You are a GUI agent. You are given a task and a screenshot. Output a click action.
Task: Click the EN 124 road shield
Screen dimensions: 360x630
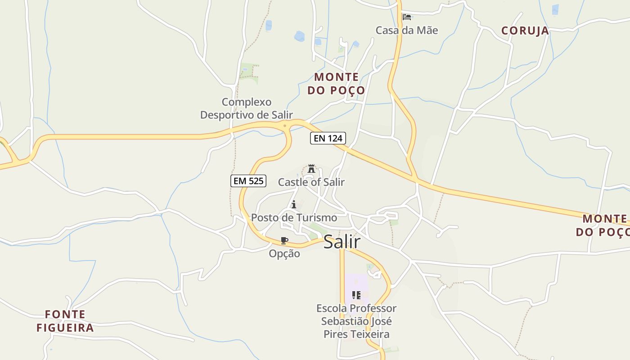coord(328,138)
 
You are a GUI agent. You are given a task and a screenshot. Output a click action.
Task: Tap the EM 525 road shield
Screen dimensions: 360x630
coord(248,181)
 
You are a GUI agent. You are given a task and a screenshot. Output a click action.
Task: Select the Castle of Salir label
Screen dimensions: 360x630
coord(311,182)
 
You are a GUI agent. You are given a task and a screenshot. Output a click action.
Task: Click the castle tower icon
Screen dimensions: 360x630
coord(311,169)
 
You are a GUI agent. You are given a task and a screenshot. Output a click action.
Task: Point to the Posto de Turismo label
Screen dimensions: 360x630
coord(294,218)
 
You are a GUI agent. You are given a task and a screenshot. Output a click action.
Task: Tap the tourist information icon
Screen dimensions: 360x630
coord(294,205)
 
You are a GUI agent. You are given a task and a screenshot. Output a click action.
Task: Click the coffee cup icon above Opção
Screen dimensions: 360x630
coord(284,240)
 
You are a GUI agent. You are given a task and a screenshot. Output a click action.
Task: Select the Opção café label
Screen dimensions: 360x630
coord(284,254)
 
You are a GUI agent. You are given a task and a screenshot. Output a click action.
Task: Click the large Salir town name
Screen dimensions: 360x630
coord(342,242)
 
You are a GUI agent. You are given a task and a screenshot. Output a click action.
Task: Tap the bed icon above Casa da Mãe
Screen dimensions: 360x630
coord(407,18)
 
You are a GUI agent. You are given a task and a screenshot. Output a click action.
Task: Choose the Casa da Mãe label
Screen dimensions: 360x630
coord(407,30)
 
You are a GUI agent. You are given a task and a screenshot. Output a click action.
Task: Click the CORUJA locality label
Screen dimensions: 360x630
coord(525,31)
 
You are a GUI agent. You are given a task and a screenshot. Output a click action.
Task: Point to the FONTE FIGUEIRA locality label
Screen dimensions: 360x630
coord(65,321)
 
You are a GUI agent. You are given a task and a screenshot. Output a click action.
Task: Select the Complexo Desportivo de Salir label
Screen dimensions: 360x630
coord(247,108)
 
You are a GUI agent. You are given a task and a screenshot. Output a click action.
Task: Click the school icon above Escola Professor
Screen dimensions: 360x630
coord(356,295)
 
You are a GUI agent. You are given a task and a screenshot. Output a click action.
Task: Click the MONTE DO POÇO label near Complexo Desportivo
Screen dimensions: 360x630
coord(336,84)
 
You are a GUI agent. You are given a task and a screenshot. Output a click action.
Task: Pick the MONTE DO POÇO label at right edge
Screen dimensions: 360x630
coord(603,225)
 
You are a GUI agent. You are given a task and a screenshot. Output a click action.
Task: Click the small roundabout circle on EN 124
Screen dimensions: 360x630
coord(285,126)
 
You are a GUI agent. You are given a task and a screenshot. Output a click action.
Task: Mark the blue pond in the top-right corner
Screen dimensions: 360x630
coord(555,9)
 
